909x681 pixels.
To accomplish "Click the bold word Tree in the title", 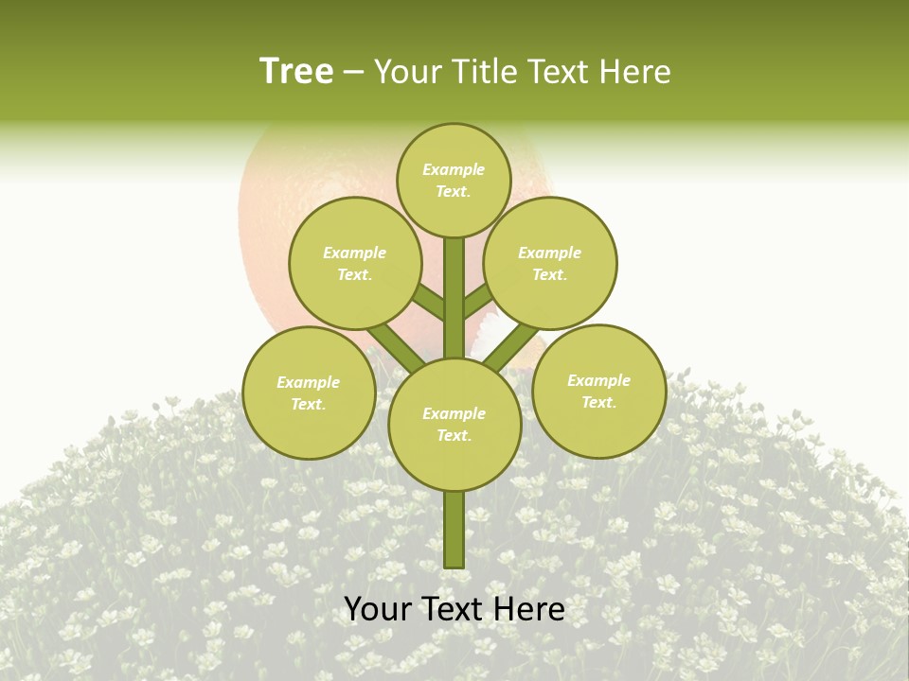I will click(296, 72).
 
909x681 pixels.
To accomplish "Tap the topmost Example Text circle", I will click(454, 180).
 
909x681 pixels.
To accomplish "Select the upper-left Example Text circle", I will click(354, 263).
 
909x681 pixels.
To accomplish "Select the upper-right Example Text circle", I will click(550, 263).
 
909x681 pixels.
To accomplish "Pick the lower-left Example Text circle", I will click(309, 393).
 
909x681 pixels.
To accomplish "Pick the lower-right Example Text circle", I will click(598, 391).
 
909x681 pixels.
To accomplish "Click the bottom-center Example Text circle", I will click(454, 425).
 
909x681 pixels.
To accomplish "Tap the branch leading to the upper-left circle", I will click(428, 302).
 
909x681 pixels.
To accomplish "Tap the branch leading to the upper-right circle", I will click(479, 302).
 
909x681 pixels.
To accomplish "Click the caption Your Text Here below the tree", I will click(454, 610).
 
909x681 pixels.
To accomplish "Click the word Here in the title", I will click(639, 72).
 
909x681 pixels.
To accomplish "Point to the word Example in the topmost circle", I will click(454, 169).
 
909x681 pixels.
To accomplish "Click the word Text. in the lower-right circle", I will click(598, 402).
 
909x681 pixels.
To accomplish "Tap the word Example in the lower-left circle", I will click(309, 382).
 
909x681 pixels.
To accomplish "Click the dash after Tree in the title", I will click(353, 72).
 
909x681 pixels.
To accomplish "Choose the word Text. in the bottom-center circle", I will click(454, 435).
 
